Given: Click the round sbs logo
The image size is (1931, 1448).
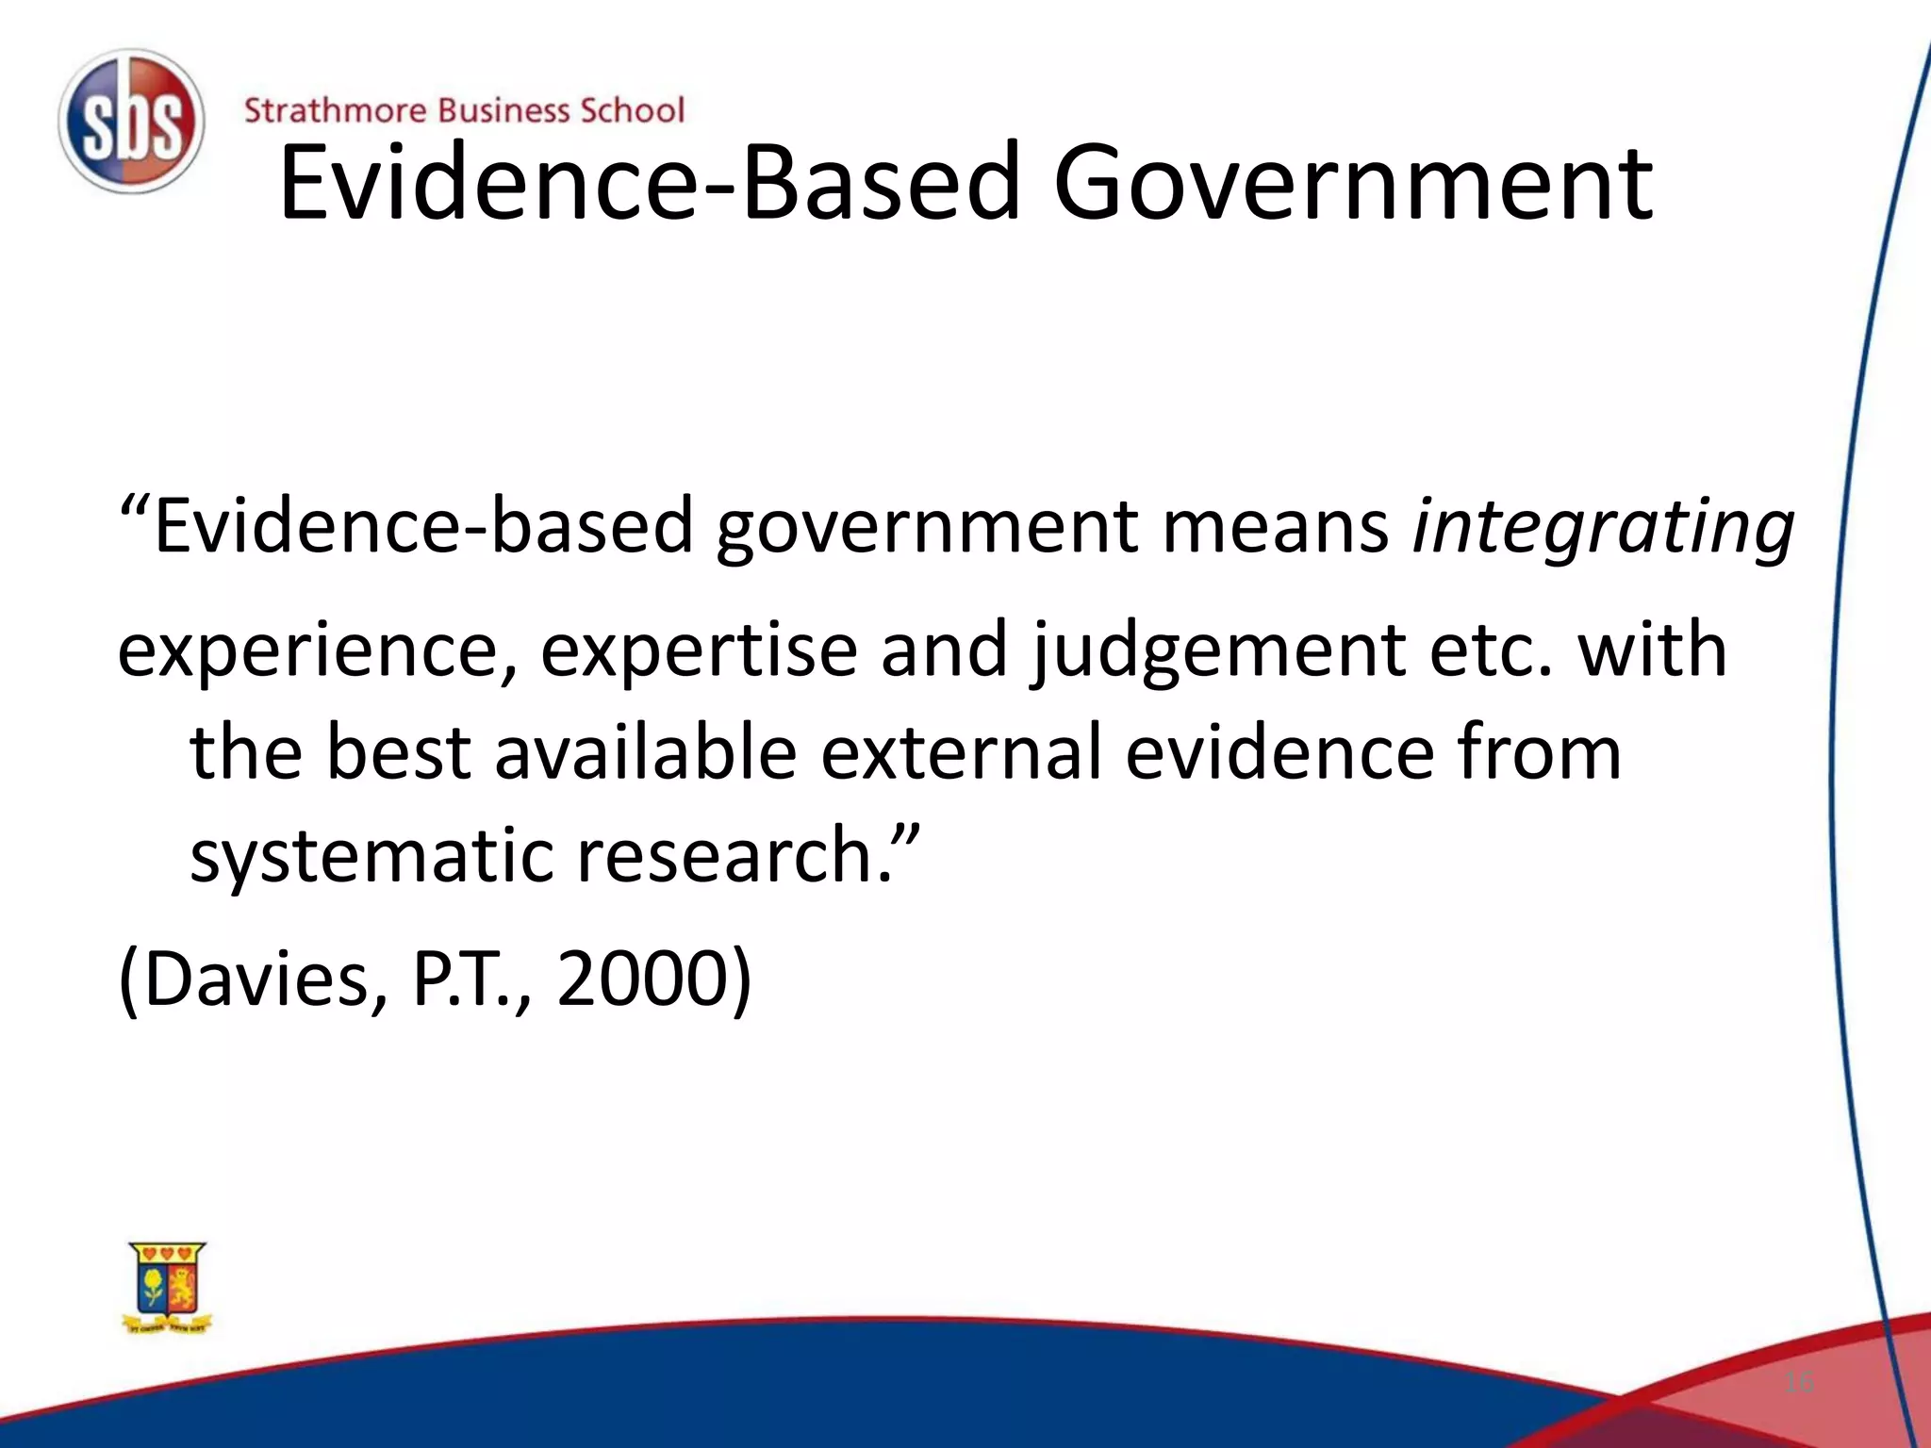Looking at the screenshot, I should coord(130,122).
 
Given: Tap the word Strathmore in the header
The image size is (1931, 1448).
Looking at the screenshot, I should coord(335,110).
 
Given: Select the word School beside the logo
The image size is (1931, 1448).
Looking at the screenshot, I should coord(631,110).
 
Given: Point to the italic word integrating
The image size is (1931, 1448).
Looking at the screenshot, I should coord(1602,528).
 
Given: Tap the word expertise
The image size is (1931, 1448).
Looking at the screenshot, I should coord(699,650).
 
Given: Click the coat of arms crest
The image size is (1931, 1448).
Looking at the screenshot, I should coord(168,1287).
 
